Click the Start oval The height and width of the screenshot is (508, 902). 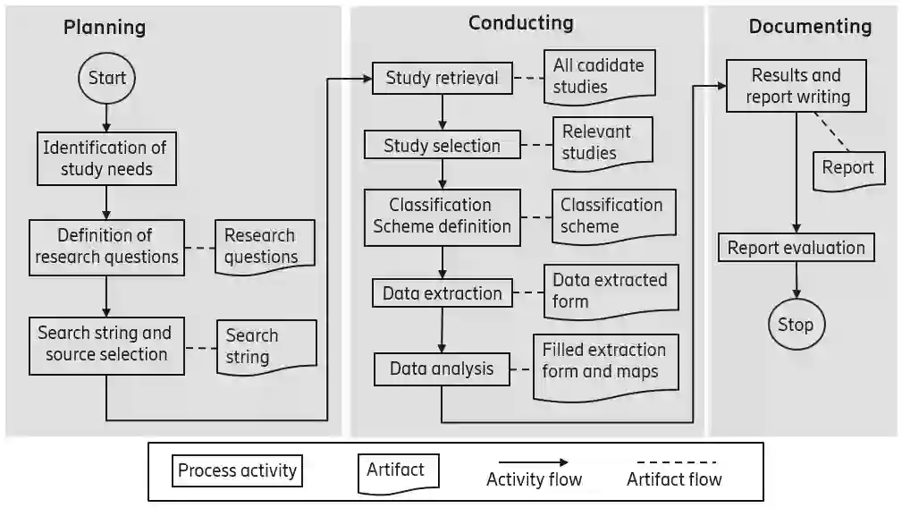[x=107, y=78]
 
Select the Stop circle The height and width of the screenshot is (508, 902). [x=796, y=324]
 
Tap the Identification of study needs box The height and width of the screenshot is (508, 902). [x=106, y=158]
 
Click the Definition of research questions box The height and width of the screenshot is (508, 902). [x=105, y=246]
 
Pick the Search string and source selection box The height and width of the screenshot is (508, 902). [x=105, y=343]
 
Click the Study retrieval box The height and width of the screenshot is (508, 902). [x=442, y=78]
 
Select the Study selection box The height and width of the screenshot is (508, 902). [x=442, y=145]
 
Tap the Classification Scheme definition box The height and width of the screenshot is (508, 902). [x=442, y=216]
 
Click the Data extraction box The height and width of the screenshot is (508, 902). [x=442, y=293]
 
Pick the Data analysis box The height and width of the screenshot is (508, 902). [x=442, y=368]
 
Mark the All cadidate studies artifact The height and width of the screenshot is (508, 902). [x=598, y=76]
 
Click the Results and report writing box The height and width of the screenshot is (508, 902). [x=796, y=86]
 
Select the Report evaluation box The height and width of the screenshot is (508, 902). [x=796, y=248]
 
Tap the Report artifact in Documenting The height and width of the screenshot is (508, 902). [x=847, y=168]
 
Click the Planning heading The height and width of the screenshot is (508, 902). [x=105, y=27]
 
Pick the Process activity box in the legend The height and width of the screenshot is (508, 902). [x=237, y=470]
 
